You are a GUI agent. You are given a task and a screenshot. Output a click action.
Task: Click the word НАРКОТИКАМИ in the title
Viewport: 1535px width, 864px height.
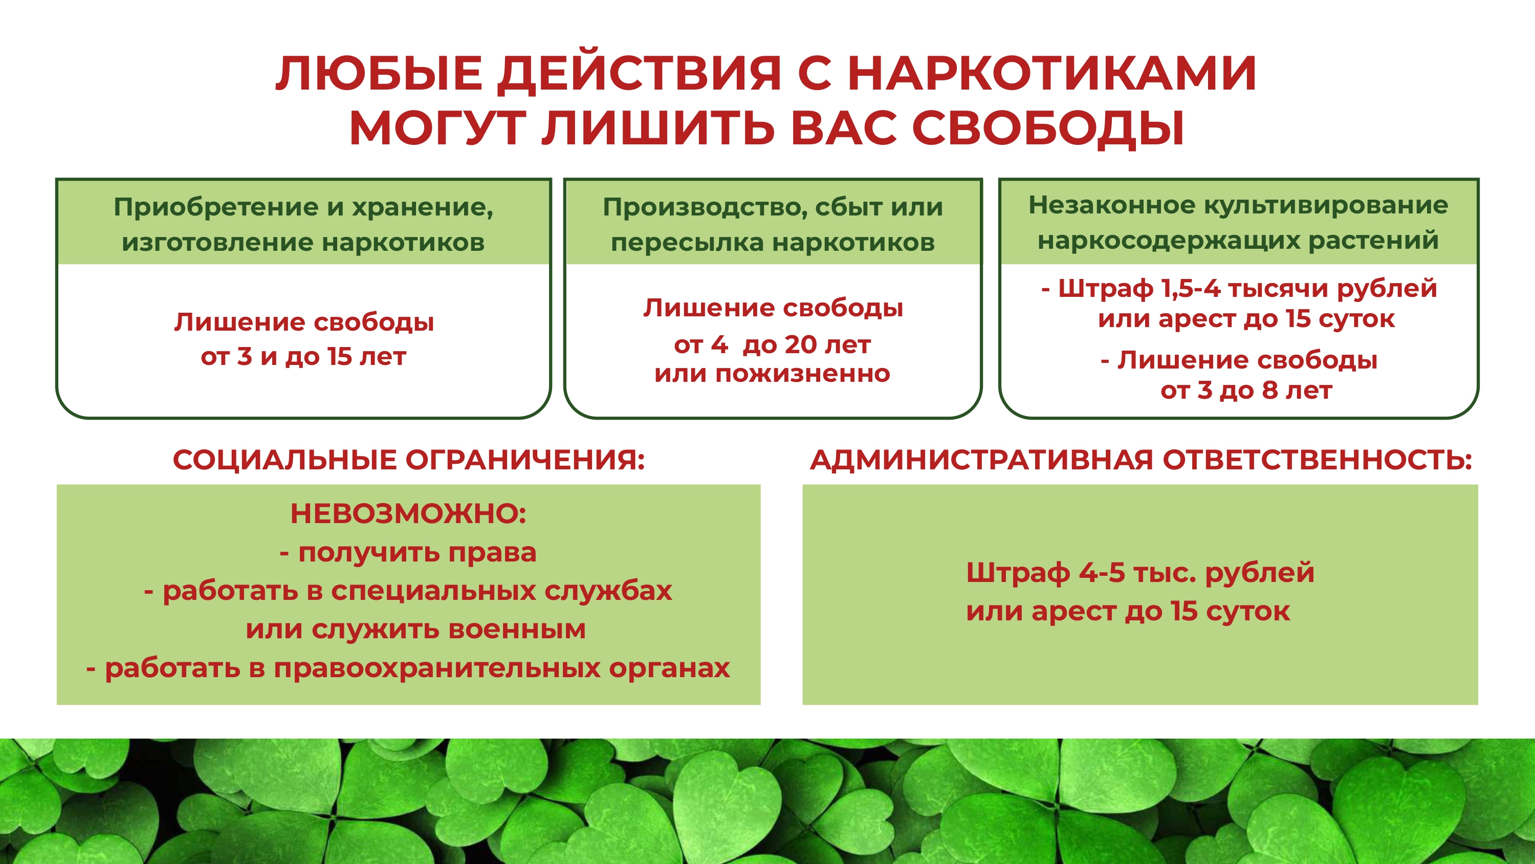(1052, 73)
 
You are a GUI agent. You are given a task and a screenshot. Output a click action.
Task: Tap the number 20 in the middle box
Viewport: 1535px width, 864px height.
(800, 344)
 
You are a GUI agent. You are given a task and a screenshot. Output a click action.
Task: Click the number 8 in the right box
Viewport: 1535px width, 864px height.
(1270, 391)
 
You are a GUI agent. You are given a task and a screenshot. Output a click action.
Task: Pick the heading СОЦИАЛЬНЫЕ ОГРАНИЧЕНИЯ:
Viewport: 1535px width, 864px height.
(409, 460)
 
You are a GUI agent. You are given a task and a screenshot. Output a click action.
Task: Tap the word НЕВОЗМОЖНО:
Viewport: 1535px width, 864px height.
(408, 513)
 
